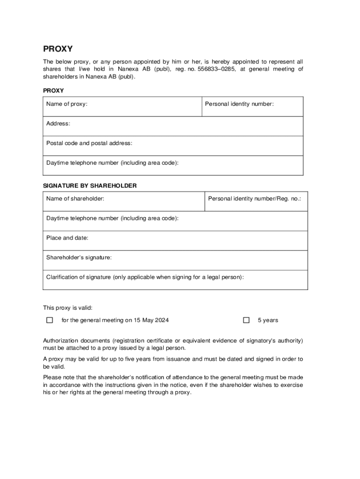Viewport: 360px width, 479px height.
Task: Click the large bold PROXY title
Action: coord(58,49)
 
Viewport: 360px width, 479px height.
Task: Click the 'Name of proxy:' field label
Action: coord(67,104)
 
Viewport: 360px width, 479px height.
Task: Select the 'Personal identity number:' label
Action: coord(239,104)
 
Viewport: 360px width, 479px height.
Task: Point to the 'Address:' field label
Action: coord(58,123)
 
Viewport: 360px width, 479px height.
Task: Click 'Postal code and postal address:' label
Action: coord(89,143)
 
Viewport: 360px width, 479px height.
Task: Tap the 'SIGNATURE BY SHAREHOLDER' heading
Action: coord(90,186)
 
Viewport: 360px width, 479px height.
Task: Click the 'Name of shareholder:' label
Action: coord(75,199)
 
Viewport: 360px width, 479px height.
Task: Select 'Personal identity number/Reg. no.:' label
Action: coord(255,199)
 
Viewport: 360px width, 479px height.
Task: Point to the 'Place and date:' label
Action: coord(67,238)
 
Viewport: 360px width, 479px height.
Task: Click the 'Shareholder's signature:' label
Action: coord(79,257)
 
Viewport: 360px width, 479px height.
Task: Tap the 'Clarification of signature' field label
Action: coord(145,277)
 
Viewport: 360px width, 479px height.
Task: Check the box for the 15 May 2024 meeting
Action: coord(50,320)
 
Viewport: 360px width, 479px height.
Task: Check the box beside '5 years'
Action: coord(246,320)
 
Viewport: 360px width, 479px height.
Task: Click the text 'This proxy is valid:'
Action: coord(68,308)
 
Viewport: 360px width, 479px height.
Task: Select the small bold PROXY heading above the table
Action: coord(53,90)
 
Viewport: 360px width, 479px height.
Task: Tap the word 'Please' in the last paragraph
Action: coord(51,377)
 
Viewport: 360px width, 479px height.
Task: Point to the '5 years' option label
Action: coord(268,320)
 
